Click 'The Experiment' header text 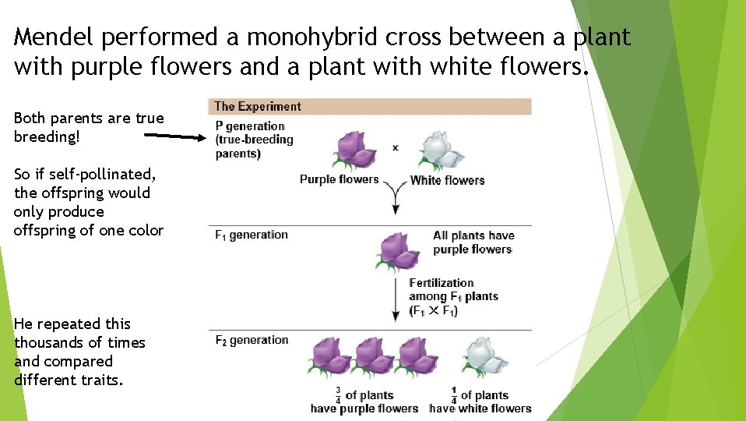(x=257, y=107)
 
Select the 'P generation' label (x=250, y=126)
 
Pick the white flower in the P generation (x=440, y=150)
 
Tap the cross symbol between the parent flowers (x=396, y=147)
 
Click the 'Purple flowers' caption (x=339, y=180)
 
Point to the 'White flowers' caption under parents (x=447, y=181)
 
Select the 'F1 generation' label (x=251, y=235)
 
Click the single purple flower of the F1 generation (x=398, y=251)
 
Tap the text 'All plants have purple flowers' (x=473, y=242)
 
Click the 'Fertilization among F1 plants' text (x=452, y=296)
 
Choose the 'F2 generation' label (x=251, y=340)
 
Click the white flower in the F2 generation (x=484, y=358)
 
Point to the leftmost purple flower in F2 (x=331, y=358)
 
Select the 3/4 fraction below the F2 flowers (x=338, y=395)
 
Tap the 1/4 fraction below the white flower (x=454, y=395)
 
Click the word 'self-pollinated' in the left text (x=98, y=174)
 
